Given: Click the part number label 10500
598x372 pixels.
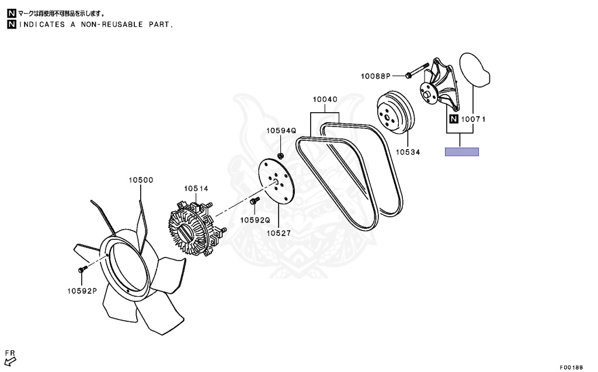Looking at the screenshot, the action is (x=141, y=180).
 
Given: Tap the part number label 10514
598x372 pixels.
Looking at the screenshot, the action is (x=196, y=189).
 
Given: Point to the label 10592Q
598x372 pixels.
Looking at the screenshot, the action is (x=255, y=220).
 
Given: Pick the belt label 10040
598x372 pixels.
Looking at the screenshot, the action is (x=325, y=100).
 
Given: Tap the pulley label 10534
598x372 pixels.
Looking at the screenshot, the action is (x=408, y=151).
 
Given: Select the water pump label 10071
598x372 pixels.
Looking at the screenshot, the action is (x=474, y=120).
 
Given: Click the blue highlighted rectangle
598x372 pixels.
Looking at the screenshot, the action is (x=462, y=152).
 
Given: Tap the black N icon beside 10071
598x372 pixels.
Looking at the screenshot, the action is (x=453, y=120).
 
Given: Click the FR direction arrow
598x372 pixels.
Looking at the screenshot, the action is (x=10, y=361).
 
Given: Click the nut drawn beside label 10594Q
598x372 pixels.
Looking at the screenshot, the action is (x=280, y=155).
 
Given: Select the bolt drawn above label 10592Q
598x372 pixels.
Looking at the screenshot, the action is (x=253, y=201).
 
